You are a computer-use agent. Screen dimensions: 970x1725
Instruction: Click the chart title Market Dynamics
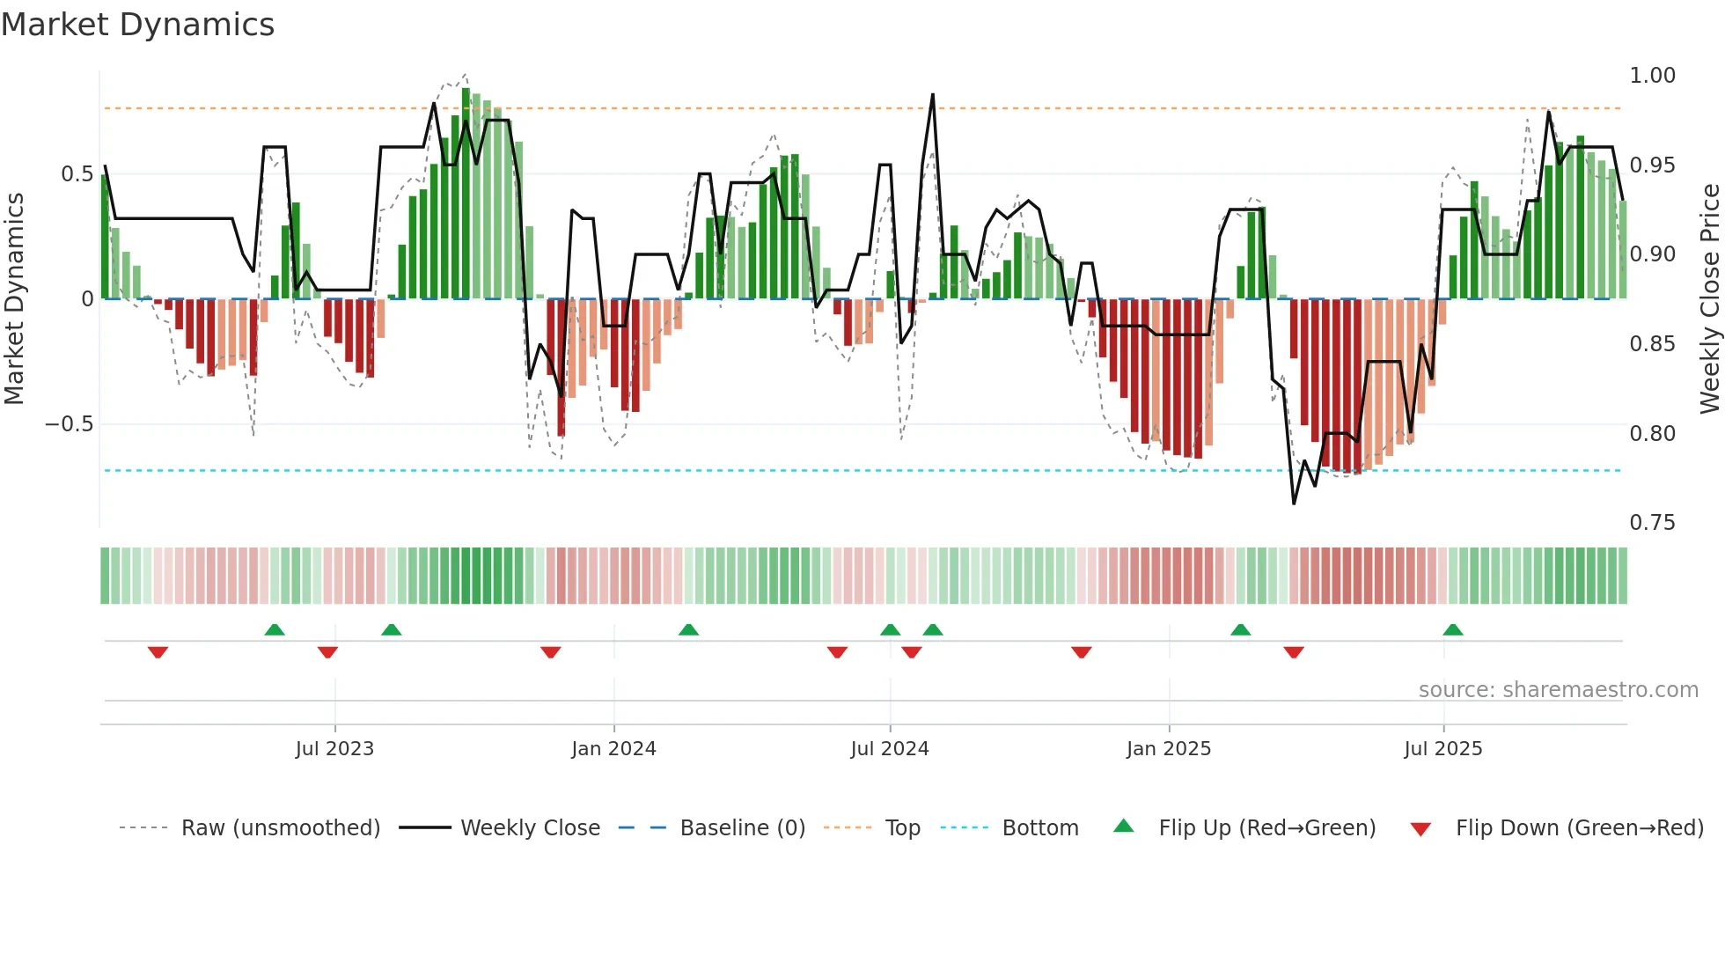(137, 25)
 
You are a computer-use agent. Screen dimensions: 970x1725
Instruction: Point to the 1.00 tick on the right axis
(1652, 76)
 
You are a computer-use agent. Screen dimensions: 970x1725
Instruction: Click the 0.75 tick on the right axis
(1652, 523)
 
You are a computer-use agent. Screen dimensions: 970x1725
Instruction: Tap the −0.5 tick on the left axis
(70, 424)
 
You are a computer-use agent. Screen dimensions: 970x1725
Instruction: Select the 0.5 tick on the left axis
(77, 174)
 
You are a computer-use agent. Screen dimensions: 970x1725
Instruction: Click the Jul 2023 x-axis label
(334, 749)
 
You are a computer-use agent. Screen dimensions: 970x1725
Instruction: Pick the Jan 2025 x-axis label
(1169, 749)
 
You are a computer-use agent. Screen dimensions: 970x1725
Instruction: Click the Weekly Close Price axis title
(1709, 299)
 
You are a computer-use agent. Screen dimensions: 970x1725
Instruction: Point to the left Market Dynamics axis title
(14, 299)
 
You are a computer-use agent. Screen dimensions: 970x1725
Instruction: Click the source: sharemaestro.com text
(1558, 690)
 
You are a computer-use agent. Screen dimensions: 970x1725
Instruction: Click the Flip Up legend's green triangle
(1124, 827)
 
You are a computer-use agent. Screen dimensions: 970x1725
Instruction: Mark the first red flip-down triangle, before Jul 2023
(158, 652)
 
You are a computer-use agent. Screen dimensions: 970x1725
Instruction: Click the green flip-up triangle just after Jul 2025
(1453, 629)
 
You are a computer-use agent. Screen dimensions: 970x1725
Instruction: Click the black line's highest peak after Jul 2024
(933, 95)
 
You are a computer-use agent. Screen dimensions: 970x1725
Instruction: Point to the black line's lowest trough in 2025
(1294, 503)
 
